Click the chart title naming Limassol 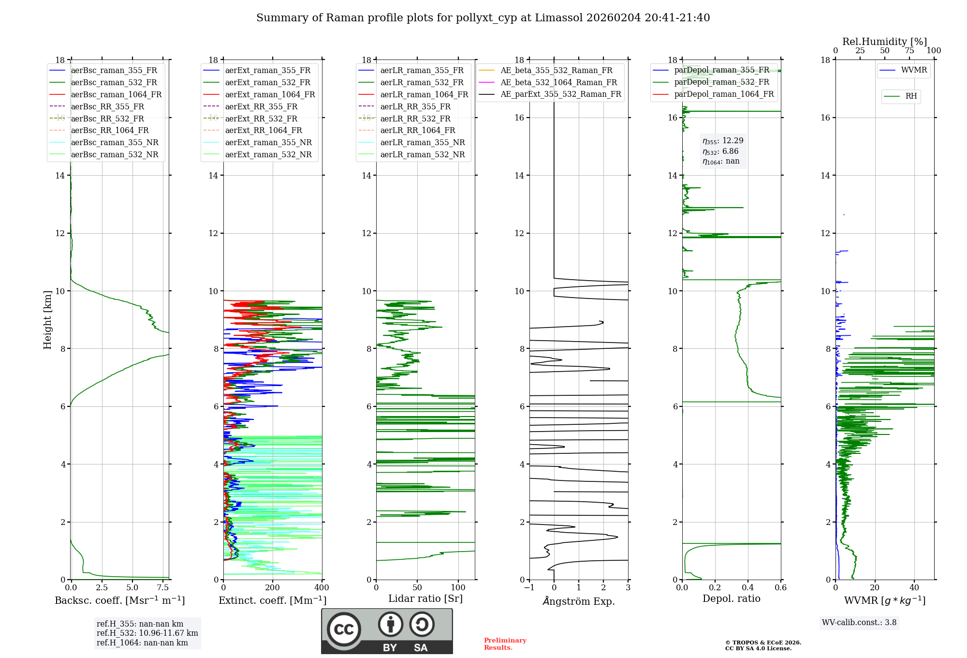483,18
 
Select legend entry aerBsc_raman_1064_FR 106,94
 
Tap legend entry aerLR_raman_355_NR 412,142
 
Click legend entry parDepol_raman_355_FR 711,70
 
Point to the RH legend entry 901,96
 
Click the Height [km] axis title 47,320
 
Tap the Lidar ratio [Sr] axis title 425,598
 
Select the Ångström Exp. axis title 579,601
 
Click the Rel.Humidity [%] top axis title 885,42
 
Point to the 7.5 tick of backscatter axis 163,587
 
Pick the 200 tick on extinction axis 273,587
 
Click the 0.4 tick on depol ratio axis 748,587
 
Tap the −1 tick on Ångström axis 529,587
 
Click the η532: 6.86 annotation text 720,151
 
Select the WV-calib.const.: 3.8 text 859,623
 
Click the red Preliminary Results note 505,644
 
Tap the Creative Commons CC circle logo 344,629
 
